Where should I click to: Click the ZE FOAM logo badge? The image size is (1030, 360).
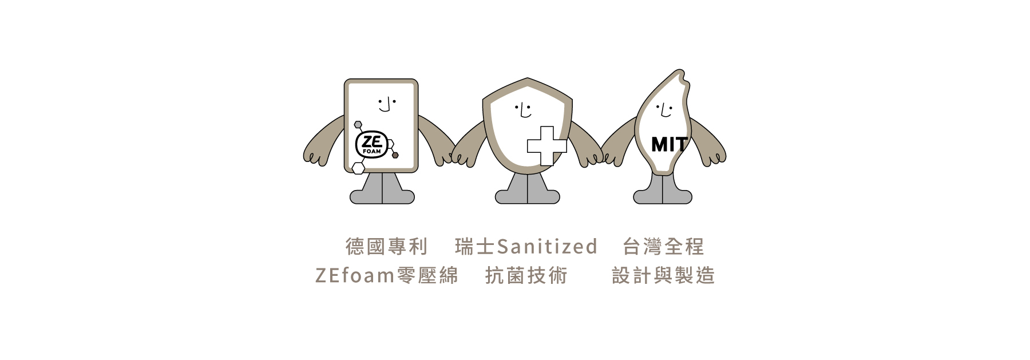point(373,145)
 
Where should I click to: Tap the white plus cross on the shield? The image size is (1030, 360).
point(546,146)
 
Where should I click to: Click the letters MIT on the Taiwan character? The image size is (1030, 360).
point(668,144)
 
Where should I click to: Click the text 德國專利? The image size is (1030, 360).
point(387,247)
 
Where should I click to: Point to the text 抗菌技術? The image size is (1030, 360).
point(526,276)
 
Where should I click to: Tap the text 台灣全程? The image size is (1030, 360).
point(663,247)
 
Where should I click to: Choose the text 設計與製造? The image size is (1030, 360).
point(663,276)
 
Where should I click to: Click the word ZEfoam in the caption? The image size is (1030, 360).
point(355,276)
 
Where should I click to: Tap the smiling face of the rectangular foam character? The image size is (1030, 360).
point(387,105)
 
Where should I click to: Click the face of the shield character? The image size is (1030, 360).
point(523,109)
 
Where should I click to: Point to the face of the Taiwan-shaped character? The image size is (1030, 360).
point(663,109)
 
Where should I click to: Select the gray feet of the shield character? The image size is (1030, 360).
point(527,192)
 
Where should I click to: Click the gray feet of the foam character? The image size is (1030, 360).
point(382,191)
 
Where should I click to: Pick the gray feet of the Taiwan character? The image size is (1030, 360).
point(663,192)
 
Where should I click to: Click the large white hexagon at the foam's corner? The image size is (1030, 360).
point(358,168)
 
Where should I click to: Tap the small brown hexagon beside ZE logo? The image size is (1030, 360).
point(395,155)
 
